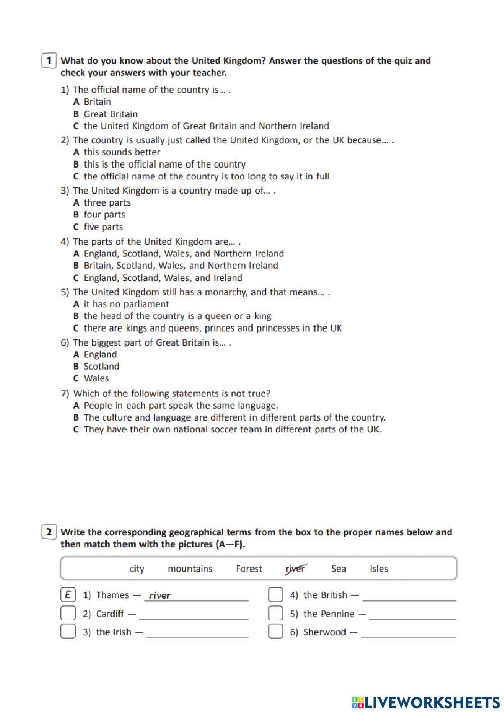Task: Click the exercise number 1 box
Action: coord(49,61)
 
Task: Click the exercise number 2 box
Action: coord(49,532)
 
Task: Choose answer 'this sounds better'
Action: coord(121,152)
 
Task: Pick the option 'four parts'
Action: coord(104,215)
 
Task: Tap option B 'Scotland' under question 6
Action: coord(101,367)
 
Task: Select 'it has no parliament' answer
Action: coord(126,304)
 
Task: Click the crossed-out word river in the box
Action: coord(295,569)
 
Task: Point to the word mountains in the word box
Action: coord(190,569)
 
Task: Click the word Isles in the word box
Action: coord(379,569)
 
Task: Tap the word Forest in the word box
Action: coord(249,569)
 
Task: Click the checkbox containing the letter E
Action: coord(68,595)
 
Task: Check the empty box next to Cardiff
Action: coord(68,613)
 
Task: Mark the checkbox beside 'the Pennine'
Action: coord(276,613)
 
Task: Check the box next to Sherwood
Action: coord(276,631)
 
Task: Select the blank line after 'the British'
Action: coord(409,596)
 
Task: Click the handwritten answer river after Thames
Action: coord(160,596)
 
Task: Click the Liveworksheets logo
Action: coord(425,702)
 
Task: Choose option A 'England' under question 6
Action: coord(100,355)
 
